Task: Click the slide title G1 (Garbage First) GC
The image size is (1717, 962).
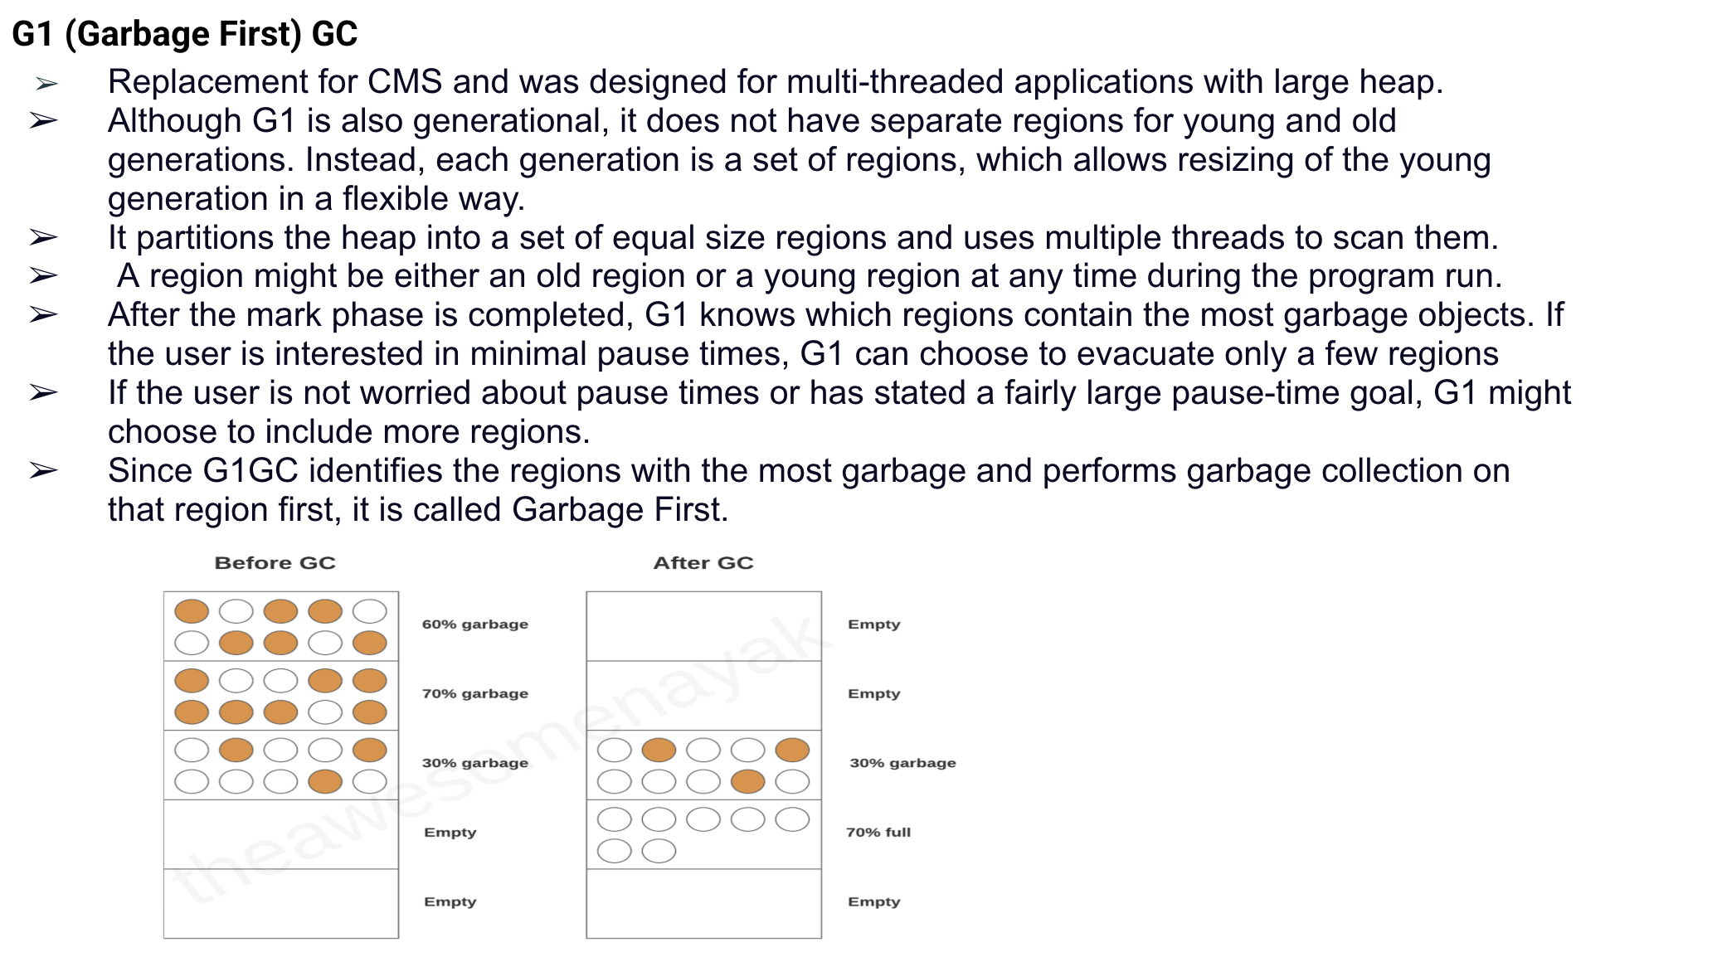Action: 185,34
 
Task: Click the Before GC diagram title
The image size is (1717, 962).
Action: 275,563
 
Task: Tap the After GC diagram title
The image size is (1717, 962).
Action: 703,563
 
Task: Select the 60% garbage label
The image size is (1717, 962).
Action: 474,624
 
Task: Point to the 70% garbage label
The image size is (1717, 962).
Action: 474,694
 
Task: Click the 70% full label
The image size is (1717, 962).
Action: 878,833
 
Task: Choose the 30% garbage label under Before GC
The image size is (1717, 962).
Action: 474,763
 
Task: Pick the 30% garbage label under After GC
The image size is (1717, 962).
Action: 902,763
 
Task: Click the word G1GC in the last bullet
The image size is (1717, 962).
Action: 250,471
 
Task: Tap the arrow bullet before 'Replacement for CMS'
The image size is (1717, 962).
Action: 46,83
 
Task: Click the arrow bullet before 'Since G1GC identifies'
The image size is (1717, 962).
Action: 43,471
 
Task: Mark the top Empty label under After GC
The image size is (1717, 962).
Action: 873,624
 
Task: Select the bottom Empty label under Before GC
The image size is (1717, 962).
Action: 450,902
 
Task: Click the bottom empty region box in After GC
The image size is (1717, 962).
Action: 703,904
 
